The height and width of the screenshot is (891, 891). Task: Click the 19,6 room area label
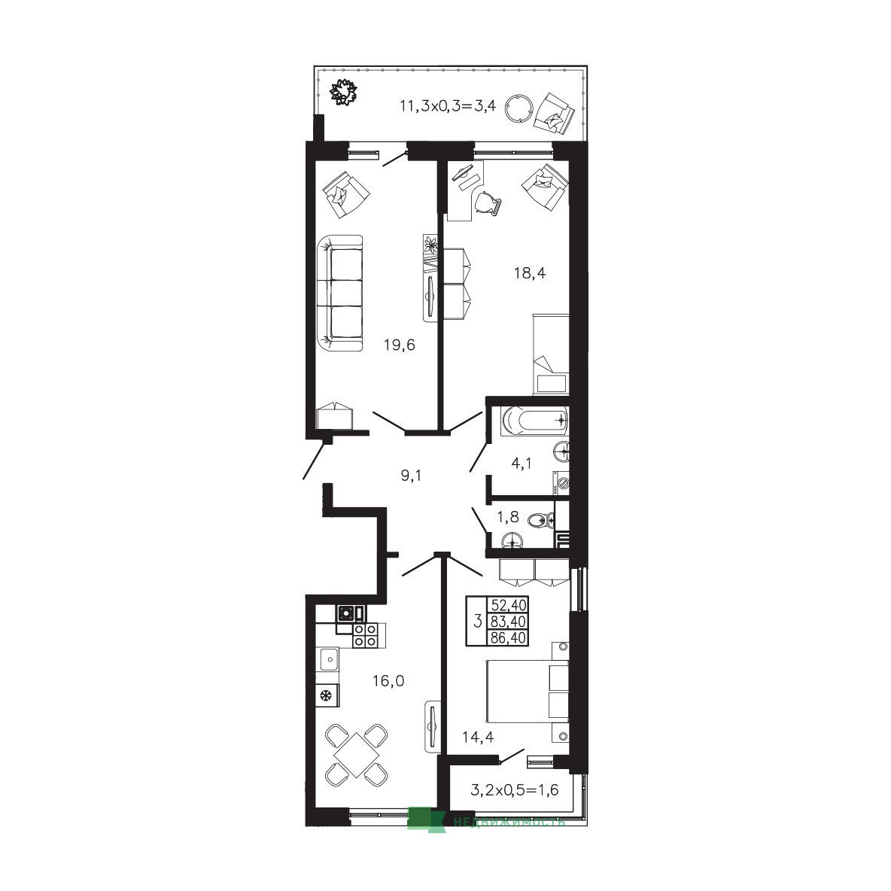(400, 345)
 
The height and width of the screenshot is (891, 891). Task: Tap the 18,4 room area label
(530, 273)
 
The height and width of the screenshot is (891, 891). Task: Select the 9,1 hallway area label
(412, 476)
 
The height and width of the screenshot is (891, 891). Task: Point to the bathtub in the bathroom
(534, 421)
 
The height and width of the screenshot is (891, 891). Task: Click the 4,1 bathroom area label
(522, 464)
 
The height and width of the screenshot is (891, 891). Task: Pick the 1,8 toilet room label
(508, 517)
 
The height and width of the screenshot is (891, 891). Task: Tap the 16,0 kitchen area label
(388, 681)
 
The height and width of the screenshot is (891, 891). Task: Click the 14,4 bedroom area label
(478, 737)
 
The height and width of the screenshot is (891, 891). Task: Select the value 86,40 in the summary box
(509, 638)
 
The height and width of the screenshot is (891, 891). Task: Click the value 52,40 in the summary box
(509, 604)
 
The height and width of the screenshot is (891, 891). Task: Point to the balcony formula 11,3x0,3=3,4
(449, 105)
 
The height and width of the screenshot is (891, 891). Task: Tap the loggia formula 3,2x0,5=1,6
(515, 790)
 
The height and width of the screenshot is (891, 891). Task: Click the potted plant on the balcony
(344, 92)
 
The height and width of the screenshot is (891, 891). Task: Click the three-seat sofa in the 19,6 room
(339, 293)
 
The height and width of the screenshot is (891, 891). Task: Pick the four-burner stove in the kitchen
(365, 635)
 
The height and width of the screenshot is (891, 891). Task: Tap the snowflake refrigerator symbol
(327, 695)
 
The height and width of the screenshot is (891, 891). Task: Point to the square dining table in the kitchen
(356, 756)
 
